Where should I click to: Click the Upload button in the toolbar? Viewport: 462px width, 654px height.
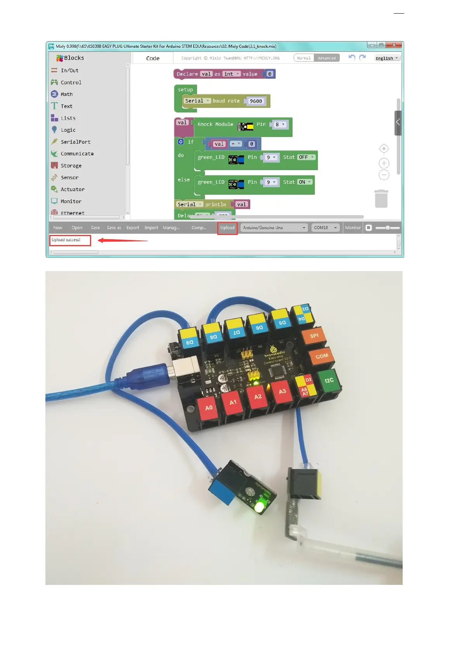click(x=227, y=228)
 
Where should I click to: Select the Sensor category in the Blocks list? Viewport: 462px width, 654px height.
click(x=69, y=177)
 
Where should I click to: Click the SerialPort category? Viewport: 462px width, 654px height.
click(x=75, y=142)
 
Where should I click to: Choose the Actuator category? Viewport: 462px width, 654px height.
click(x=72, y=190)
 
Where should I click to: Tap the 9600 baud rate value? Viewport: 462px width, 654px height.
click(x=256, y=101)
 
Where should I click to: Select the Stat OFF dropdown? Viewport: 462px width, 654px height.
click(x=306, y=157)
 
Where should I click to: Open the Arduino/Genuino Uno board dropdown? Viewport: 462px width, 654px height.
click(x=274, y=228)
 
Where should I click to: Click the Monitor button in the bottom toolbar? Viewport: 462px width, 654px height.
click(x=353, y=228)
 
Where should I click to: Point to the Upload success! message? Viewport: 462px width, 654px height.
click(x=66, y=240)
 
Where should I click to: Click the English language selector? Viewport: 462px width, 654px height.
click(x=387, y=58)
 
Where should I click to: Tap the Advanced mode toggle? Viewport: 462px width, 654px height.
click(x=327, y=58)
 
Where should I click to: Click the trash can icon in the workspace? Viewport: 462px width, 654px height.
click(x=381, y=199)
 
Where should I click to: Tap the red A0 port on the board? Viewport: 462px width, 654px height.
click(x=209, y=408)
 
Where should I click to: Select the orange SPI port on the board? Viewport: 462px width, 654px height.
click(x=314, y=336)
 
